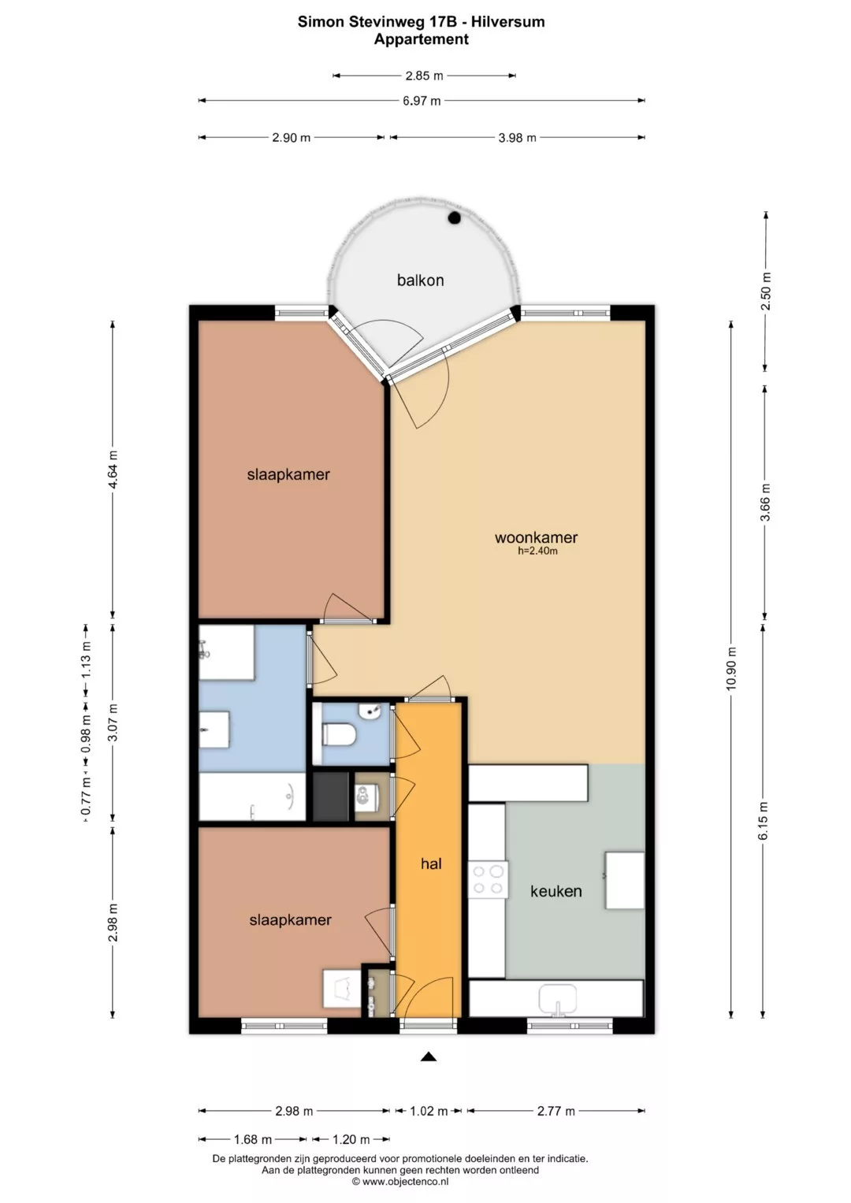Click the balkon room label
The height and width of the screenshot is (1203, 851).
tap(420, 280)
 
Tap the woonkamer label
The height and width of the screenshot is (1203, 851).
tap(536, 537)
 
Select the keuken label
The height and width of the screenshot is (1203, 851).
tap(556, 892)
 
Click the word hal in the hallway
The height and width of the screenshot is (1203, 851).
tap(432, 863)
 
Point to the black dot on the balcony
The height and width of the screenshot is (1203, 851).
tap(455, 217)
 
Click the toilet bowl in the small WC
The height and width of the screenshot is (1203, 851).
tap(339, 734)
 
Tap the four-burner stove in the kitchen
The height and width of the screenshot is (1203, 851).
tap(489, 879)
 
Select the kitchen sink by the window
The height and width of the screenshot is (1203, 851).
tap(558, 998)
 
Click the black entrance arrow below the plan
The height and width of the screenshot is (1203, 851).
tap(428, 1057)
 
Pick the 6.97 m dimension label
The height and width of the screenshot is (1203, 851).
tap(422, 101)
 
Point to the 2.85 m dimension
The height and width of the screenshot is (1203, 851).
tap(425, 76)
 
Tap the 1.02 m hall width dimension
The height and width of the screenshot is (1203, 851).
tap(429, 1111)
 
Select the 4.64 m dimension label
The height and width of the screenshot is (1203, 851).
tap(113, 469)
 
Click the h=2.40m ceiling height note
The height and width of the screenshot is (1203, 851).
tap(537, 551)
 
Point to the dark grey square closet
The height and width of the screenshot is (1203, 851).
tap(331, 796)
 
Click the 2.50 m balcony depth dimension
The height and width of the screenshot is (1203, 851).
tap(766, 291)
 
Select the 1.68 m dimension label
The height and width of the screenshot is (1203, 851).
tap(252, 1139)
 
